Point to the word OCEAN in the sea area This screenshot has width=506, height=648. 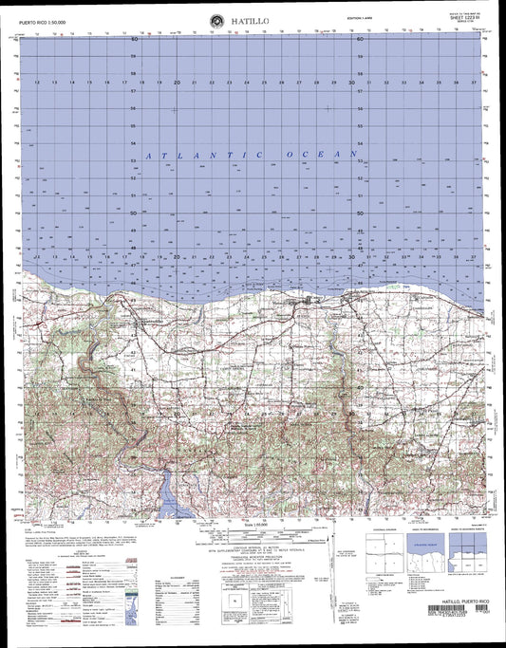coord(327,153)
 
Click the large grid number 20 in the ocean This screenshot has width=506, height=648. coord(178,83)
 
